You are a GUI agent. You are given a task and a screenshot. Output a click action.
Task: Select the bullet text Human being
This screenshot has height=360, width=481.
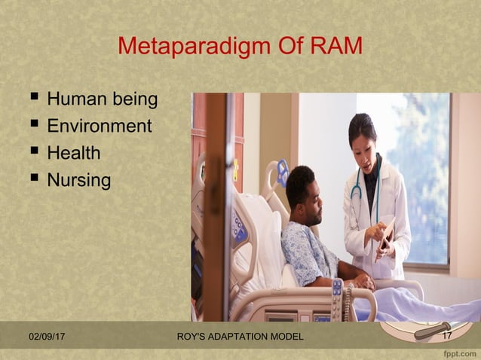click(103, 99)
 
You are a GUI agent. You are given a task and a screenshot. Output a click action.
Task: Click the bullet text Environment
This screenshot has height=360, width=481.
click(100, 127)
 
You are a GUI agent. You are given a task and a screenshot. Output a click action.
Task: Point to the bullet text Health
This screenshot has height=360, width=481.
click(74, 154)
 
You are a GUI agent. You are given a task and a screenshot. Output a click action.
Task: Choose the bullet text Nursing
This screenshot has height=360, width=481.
click(79, 181)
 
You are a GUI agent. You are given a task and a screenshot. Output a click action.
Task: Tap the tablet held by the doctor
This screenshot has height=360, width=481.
click(386, 233)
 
